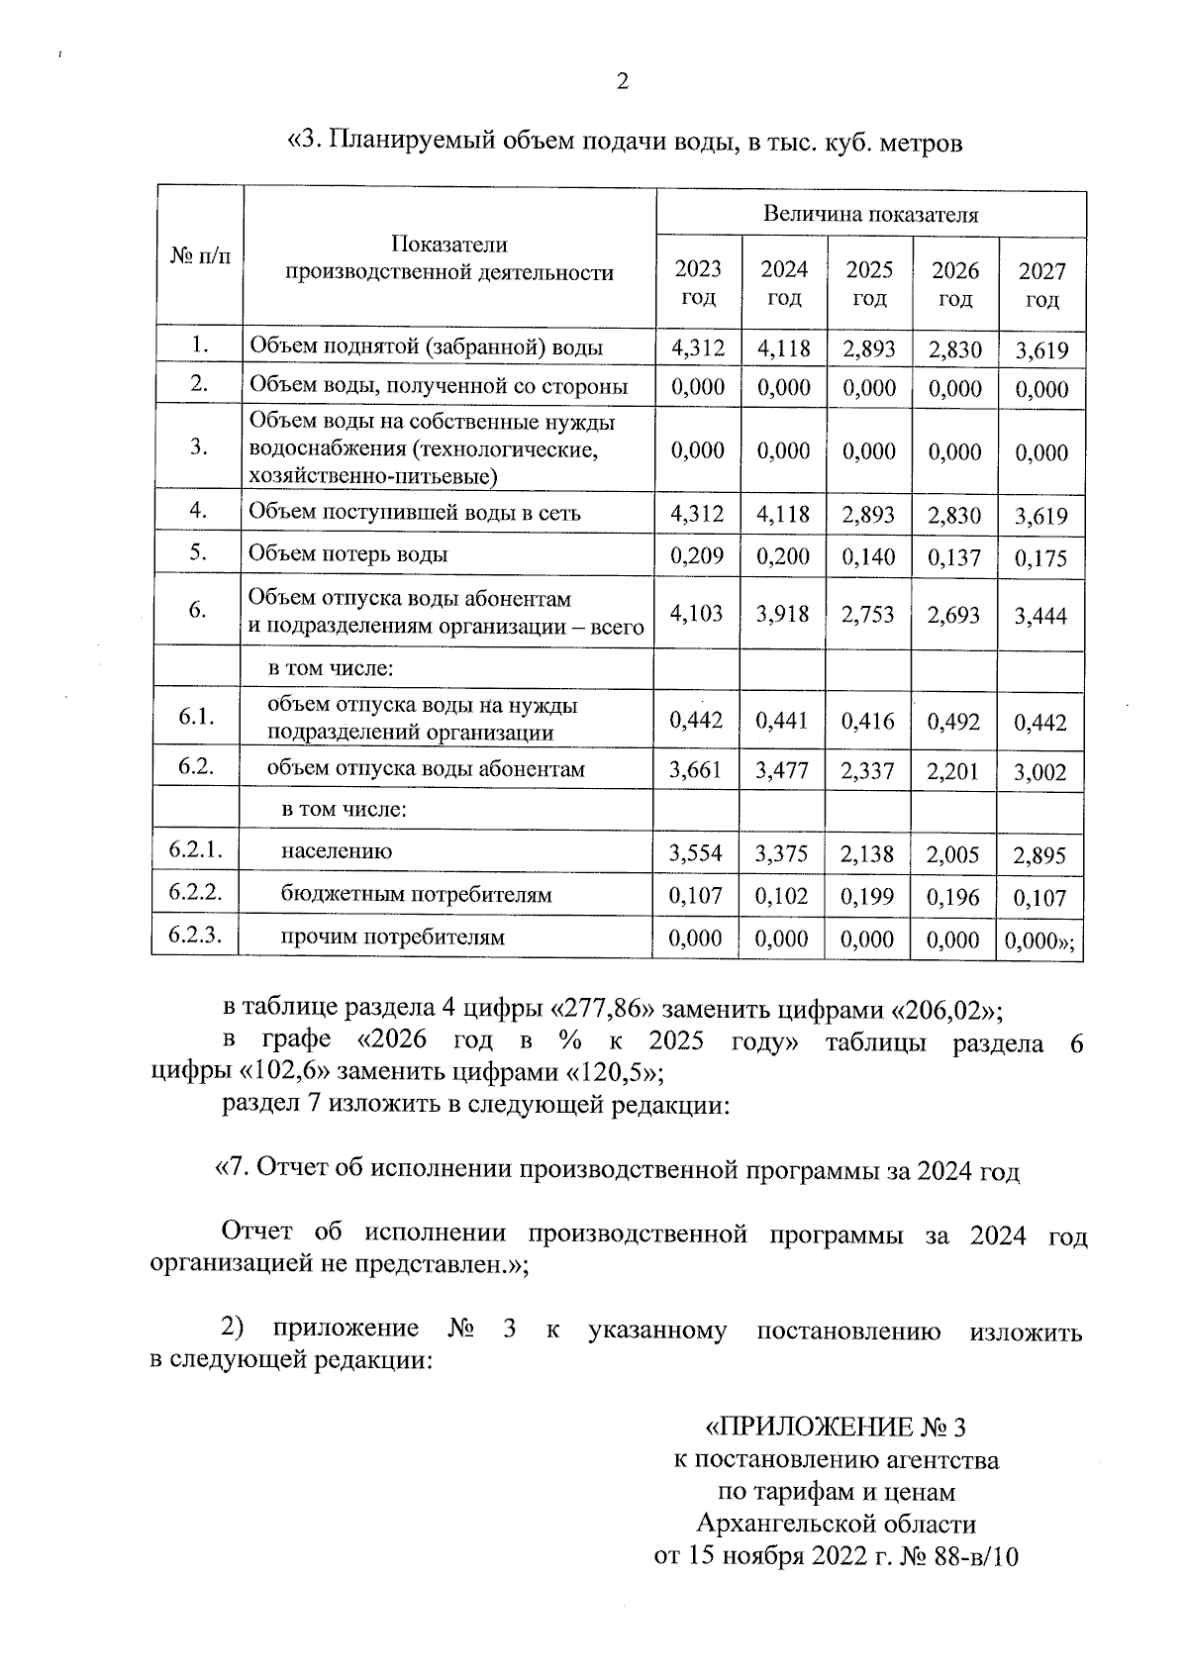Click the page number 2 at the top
[x=622, y=82]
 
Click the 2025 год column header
[x=869, y=283]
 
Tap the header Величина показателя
[x=870, y=214]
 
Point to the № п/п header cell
[x=200, y=257]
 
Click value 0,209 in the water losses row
[x=697, y=555]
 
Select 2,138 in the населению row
[x=868, y=853]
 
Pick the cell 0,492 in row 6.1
[x=953, y=722]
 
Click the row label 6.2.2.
[x=195, y=892]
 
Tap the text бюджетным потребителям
[x=416, y=895]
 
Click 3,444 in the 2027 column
[x=1040, y=617]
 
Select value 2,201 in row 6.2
[x=953, y=771]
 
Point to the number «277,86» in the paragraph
[x=605, y=1010]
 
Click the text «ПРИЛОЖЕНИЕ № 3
[x=834, y=1427]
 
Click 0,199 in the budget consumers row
[x=868, y=897]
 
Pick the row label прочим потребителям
[x=392, y=937]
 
